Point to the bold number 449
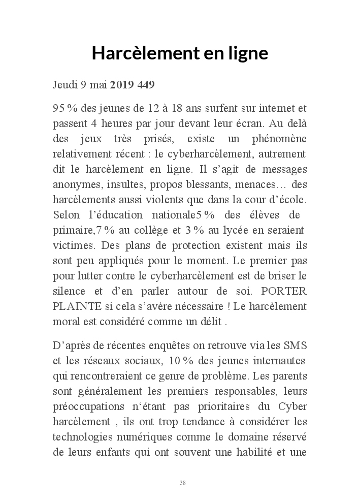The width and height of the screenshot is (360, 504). pos(146,84)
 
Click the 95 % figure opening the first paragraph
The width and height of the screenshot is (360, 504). pos(63,109)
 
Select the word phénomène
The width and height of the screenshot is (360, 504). pos(277,139)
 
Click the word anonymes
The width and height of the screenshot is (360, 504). pos(73,184)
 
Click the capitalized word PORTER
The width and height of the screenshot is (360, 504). pos(283,292)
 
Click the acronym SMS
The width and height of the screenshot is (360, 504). pos(296,345)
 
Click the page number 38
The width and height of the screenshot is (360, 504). pos(182,483)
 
